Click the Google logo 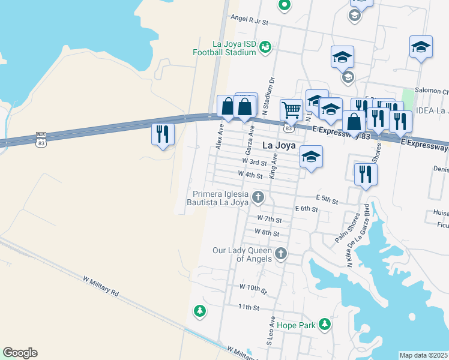[20, 353]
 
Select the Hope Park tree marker [325, 325]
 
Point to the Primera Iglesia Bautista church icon [258, 197]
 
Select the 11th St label [247, 307]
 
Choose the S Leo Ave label [271, 331]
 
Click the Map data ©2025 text [424, 355]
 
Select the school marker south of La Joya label [311, 158]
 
